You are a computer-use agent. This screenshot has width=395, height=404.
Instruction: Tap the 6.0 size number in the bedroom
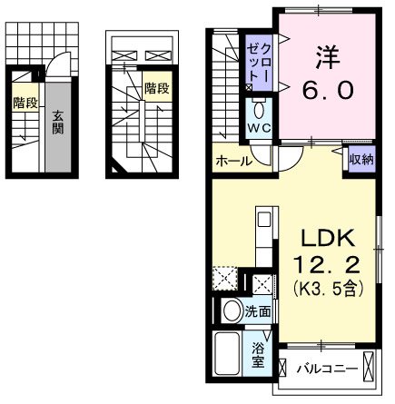(327, 89)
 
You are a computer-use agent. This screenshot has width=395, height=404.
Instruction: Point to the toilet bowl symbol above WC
(259, 112)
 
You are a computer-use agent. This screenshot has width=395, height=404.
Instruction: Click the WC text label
(259, 129)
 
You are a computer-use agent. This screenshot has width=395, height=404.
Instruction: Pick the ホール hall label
(233, 163)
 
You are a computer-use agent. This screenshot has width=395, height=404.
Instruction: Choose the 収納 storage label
(361, 160)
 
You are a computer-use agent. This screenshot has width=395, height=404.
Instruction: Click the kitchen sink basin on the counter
(262, 221)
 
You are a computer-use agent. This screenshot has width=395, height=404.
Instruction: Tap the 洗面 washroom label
(259, 311)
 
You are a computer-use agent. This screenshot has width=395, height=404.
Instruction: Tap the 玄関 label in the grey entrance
(57, 123)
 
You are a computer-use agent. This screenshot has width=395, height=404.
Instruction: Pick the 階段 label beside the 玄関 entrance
(25, 103)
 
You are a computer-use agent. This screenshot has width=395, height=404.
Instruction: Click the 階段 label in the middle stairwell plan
(157, 89)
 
